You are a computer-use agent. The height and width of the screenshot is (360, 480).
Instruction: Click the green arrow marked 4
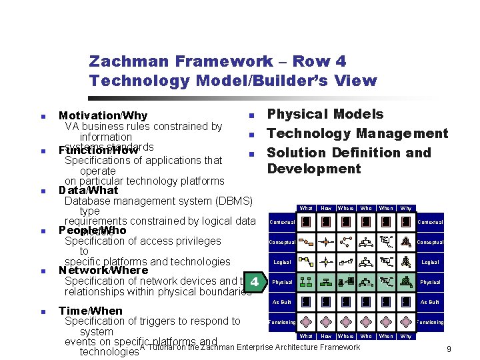[x=255, y=283]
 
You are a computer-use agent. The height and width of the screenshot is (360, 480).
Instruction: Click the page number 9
[x=449, y=349]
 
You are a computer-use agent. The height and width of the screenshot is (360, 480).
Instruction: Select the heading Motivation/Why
[x=103, y=116]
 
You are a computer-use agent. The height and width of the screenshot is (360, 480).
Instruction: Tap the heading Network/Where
[x=103, y=270]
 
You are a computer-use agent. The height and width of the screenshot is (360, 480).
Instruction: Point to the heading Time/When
[x=91, y=311]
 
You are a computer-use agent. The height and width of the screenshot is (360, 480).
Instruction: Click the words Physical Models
[x=325, y=114]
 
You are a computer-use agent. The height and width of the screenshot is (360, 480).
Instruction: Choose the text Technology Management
[x=357, y=133]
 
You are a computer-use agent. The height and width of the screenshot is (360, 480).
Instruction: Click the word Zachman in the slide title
[x=127, y=61]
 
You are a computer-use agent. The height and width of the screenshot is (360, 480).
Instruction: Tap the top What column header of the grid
[x=306, y=209]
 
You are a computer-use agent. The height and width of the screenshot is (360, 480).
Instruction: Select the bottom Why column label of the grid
[x=406, y=337]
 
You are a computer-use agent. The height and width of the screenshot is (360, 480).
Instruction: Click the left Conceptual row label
[x=282, y=243]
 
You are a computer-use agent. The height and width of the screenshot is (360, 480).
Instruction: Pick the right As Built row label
[x=430, y=303]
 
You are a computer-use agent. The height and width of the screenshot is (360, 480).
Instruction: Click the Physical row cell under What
[x=306, y=282]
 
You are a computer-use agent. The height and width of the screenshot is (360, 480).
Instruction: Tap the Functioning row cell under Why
[x=406, y=322]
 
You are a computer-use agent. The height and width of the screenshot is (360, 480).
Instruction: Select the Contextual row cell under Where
[x=346, y=222]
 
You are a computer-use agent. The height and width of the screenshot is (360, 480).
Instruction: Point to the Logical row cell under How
[x=326, y=262]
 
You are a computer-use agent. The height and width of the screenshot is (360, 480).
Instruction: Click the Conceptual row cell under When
[x=386, y=242]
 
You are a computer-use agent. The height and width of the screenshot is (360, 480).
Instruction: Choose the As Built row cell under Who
[x=366, y=302]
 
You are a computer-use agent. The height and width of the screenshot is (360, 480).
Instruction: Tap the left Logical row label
[x=282, y=263]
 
